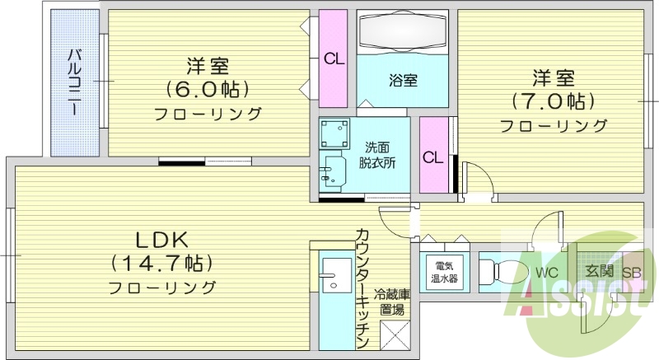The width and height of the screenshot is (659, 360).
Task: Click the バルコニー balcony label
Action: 73,83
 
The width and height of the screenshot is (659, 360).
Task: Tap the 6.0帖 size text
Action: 208,88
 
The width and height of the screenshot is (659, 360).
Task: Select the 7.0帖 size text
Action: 552,101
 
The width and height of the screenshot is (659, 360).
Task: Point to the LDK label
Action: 162,240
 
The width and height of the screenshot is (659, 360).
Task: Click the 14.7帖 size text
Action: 162,263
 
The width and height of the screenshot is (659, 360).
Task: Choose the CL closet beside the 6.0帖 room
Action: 334,58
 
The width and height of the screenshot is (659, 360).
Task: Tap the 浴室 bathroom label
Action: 403,80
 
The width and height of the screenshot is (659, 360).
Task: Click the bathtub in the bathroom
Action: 403,32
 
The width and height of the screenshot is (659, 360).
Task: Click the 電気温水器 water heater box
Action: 445,271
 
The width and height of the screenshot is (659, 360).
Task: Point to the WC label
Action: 547,272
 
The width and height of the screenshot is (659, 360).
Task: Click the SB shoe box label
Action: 632,273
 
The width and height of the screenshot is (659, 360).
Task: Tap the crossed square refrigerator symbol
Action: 392,335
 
